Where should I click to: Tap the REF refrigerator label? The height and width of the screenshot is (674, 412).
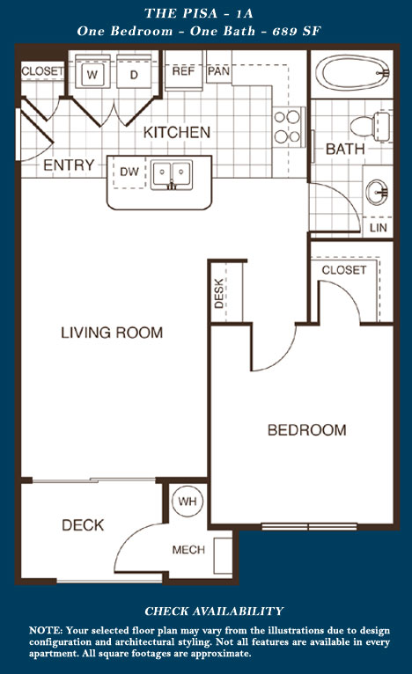pos(184,71)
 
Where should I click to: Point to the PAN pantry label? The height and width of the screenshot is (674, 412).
pos(218,71)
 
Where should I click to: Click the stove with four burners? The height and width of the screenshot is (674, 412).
pos(288,127)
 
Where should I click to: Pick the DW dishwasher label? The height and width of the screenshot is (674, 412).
pos(129,172)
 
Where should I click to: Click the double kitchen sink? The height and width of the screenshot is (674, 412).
pos(172,175)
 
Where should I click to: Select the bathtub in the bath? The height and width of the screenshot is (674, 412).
pos(352,73)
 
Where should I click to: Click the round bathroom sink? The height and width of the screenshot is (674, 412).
pos(377,191)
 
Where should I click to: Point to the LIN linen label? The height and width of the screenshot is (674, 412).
pos(379,228)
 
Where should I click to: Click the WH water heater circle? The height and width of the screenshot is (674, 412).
pos(188,502)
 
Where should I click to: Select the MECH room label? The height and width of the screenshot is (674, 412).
pos(188,550)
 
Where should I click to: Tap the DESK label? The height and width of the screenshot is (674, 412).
pos(219,293)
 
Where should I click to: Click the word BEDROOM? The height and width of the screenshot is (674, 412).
pos(306,430)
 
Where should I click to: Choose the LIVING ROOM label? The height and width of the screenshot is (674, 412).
pos(112,333)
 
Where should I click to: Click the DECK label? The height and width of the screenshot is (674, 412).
pos(83,524)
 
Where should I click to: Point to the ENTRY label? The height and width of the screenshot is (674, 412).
pos(69,165)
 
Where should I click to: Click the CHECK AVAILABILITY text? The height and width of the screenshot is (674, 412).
pos(214,612)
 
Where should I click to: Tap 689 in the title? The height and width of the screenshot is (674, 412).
pos(285,31)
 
